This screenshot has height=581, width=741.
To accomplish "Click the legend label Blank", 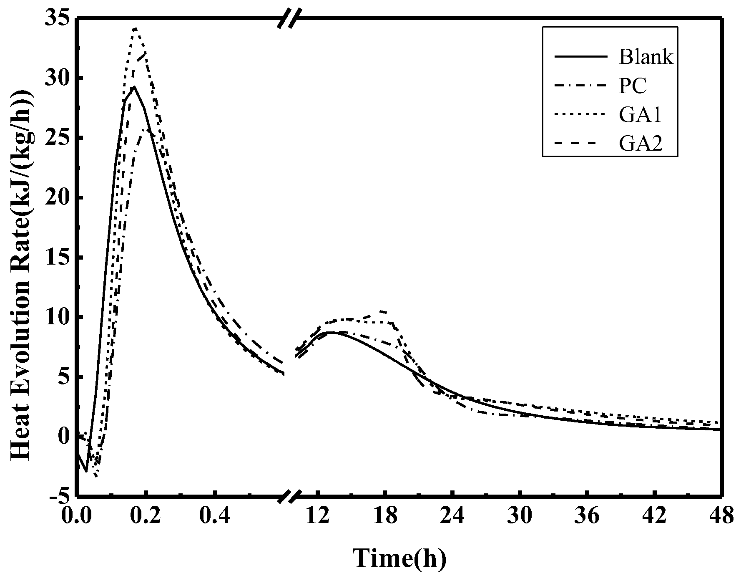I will [x=646, y=57].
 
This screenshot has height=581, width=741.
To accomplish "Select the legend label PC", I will [x=633, y=86].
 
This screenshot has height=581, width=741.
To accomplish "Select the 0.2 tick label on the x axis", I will [x=145, y=515].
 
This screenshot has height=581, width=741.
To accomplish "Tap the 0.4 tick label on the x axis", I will [x=214, y=515].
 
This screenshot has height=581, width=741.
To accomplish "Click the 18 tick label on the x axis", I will [x=385, y=515].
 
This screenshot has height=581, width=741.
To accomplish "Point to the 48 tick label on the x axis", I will [x=721, y=515].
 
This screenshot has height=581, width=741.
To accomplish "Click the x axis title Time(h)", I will [x=399, y=558].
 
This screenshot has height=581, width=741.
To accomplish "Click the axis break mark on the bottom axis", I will [x=289, y=497].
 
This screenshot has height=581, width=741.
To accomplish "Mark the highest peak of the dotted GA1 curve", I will [x=135, y=28].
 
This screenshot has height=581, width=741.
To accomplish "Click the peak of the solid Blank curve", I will [x=134, y=86].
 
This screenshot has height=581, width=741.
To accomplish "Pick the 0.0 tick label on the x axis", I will [x=77, y=515].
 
